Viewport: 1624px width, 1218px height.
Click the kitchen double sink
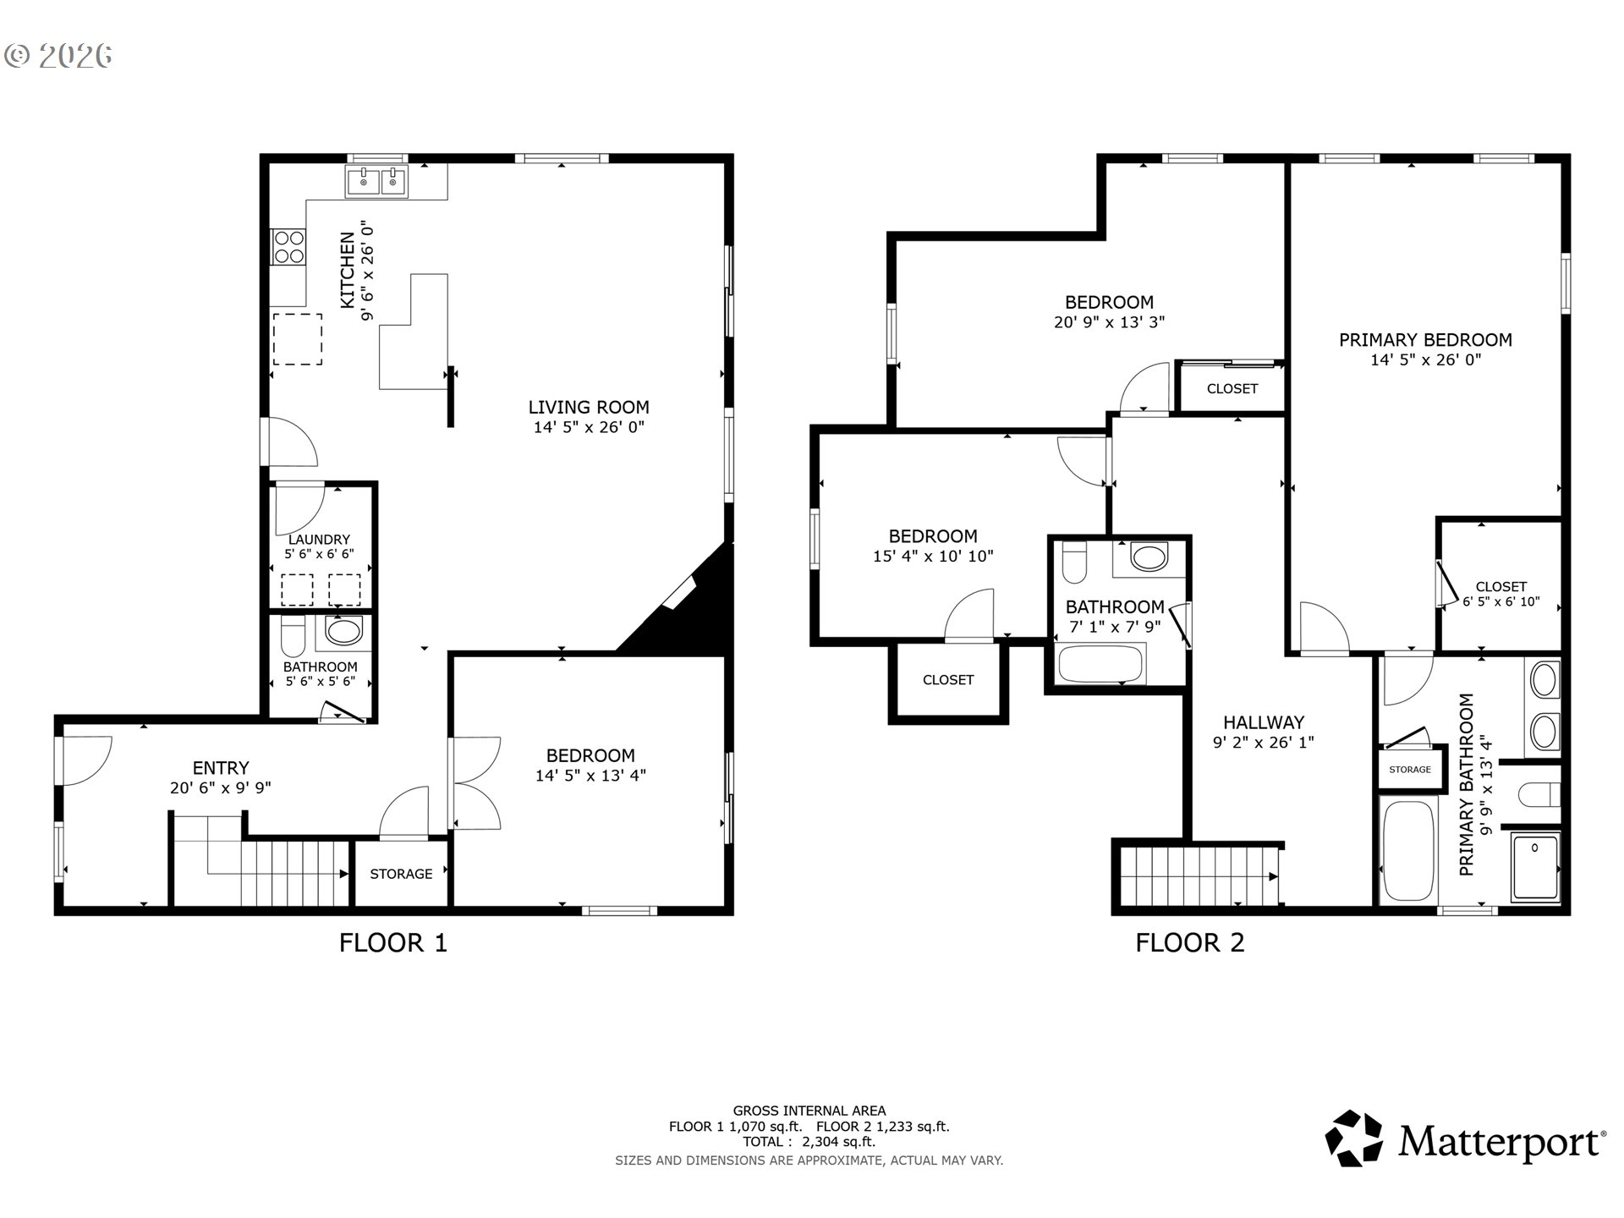click(376, 181)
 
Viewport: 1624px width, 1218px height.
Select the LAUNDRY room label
click(319, 540)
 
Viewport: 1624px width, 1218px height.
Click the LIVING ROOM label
click(589, 407)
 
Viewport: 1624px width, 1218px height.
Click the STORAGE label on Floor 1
click(401, 874)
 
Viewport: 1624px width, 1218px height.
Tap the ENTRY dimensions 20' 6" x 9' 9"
click(221, 787)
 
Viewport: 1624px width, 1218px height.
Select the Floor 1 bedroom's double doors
click(475, 783)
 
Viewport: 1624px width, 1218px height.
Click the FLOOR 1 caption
click(393, 942)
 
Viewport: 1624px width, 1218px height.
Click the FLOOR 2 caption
click(1190, 942)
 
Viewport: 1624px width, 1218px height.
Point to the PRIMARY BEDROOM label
click(1425, 340)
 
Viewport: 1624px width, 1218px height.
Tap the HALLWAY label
click(1264, 722)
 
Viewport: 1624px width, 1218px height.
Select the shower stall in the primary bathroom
click(1535, 866)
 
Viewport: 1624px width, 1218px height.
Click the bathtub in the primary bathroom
click(1408, 849)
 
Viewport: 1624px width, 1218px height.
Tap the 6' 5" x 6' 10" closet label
click(1501, 602)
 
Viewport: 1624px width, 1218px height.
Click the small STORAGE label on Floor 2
click(1410, 769)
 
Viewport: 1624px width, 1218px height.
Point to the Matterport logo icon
click(1353, 1138)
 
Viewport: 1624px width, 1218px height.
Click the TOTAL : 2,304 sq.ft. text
click(809, 1141)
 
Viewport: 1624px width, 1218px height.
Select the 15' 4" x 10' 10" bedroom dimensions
click(933, 556)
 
